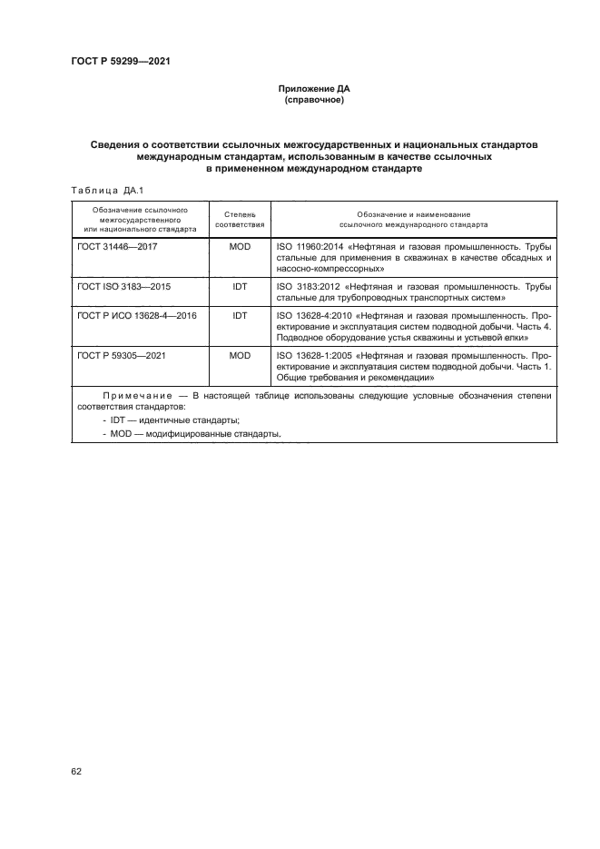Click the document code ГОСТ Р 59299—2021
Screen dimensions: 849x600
(x=121, y=62)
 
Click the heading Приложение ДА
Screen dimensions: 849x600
(x=313, y=89)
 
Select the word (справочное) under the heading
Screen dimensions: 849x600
(x=313, y=101)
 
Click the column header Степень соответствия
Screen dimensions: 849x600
(x=240, y=218)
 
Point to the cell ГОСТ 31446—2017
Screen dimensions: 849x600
(x=118, y=246)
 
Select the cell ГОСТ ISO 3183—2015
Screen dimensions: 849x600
(x=123, y=286)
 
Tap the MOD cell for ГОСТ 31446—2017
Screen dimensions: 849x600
(x=240, y=246)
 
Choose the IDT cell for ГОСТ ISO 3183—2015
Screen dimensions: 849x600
(x=240, y=286)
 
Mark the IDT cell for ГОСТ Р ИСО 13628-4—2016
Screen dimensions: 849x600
(x=240, y=315)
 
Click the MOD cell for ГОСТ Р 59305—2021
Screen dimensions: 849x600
(x=240, y=355)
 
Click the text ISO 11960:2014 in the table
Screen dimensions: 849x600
(x=306, y=246)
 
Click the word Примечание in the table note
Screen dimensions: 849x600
(x=137, y=396)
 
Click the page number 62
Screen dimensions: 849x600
(x=76, y=771)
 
